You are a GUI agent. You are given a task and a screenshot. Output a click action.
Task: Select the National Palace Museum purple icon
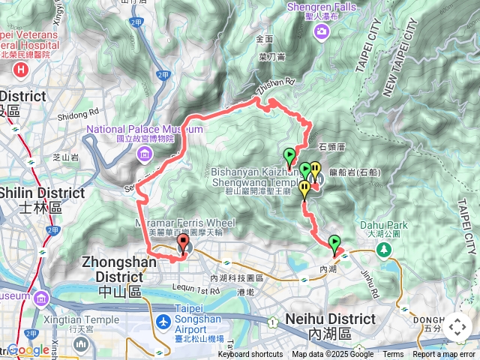coord(144,154)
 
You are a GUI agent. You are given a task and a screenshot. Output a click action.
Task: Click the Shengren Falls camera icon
coord(322,31)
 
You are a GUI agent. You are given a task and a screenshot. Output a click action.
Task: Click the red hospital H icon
coord(20,70)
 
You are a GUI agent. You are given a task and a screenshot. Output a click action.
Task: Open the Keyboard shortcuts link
coord(250,355)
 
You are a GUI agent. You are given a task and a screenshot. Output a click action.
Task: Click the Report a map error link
coord(445,355)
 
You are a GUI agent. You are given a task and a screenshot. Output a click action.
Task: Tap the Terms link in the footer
coord(393,355)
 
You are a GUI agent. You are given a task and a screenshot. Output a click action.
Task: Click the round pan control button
coord(457,328)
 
